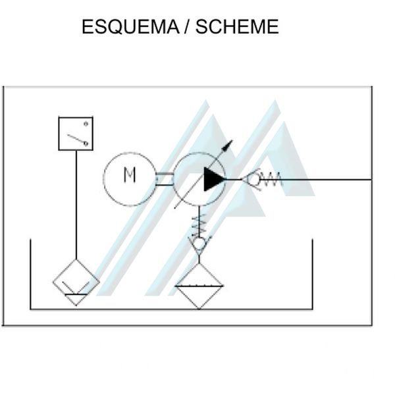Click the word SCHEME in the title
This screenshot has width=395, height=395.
click(237, 28)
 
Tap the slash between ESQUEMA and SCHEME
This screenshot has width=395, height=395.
click(188, 28)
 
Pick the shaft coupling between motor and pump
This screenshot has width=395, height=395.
click(164, 178)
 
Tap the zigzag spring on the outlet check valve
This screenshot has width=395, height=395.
click(272, 178)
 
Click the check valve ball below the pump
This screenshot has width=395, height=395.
click(199, 244)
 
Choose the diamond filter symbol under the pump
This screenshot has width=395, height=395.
click(199, 284)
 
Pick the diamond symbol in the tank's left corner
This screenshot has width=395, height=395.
click(76, 282)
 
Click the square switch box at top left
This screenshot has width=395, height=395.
click(76, 134)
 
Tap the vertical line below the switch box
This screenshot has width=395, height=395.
click(76, 204)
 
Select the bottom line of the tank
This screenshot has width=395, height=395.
click(171, 309)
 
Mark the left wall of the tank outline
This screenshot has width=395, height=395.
click(31, 273)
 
